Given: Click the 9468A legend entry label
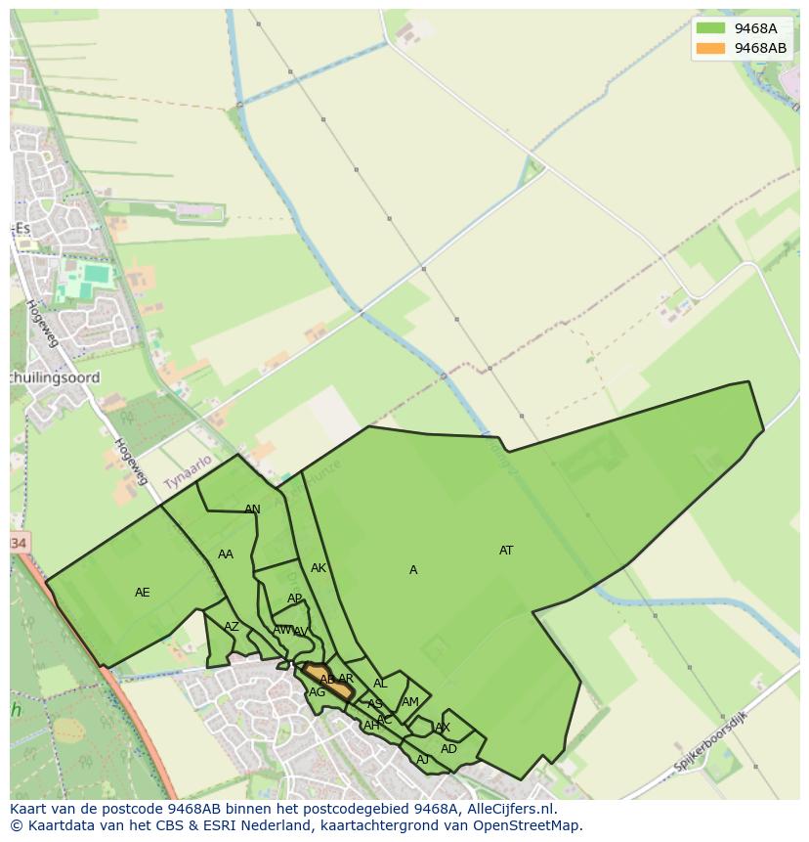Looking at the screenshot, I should pos(755,28).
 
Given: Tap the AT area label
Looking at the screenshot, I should pos(506,551).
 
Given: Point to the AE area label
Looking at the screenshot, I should pos(143,593).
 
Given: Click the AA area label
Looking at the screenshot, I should pos(226,554).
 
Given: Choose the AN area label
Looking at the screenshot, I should pos(252,510).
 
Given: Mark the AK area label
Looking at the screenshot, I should pos(319,568).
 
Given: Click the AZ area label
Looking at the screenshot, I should pos(232,627).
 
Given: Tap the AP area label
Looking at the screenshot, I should pos(295,598).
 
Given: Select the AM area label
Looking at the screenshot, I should pos(410,702).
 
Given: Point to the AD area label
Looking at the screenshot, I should pos(448,749).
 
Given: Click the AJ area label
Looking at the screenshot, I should pos(423,760).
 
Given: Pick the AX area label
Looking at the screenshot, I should pos(443,728).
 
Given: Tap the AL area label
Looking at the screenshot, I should pos(380,685).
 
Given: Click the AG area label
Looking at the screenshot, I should pos(317,692).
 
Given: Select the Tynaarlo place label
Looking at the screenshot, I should pos(187,473).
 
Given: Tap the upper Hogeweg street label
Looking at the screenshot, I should pos(44,324).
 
